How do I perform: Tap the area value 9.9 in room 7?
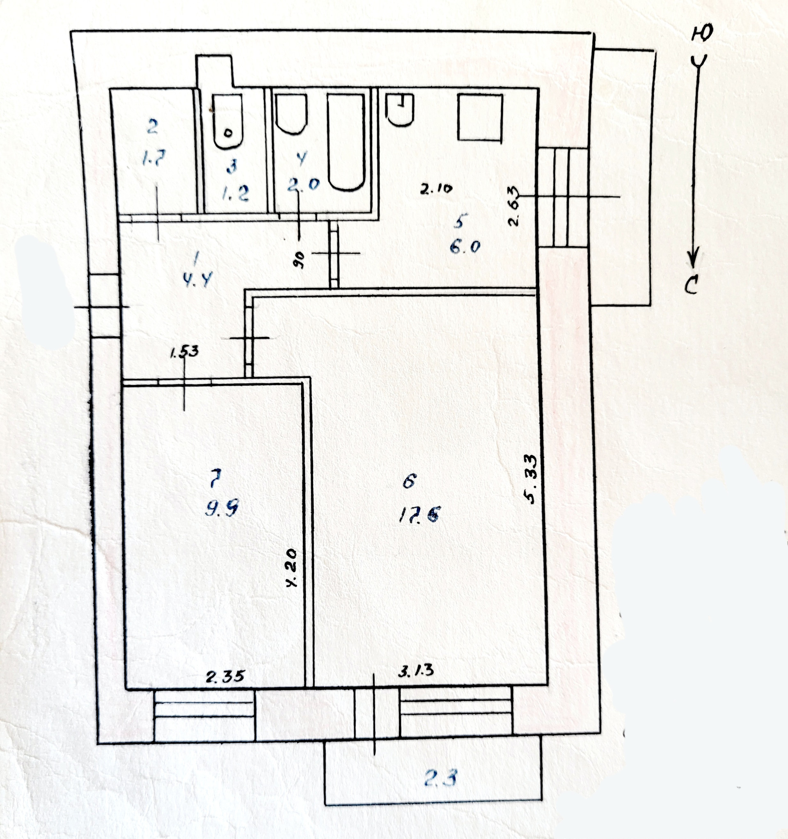(222, 510)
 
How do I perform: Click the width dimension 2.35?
(225, 676)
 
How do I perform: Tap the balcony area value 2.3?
(440, 777)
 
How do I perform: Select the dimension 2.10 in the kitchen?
(436, 189)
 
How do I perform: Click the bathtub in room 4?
(346, 141)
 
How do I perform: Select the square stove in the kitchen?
(480, 118)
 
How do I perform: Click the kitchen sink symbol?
(400, 110)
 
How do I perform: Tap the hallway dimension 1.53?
(183, 351)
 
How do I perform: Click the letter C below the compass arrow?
(692, 287)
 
